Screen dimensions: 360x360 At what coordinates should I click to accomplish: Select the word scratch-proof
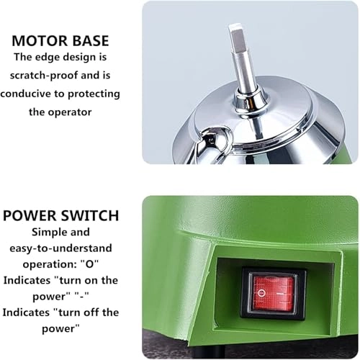pos(58,74)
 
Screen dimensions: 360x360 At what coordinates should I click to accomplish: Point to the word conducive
pos(32,94)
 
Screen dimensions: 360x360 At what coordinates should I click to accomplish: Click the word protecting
pos(92,94)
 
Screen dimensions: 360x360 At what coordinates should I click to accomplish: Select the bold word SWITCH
pos(89,215)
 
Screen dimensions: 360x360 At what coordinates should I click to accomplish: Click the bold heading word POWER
pos(31,215)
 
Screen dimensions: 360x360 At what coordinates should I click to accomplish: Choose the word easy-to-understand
pos(60,250)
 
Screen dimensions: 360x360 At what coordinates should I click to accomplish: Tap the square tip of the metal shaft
pos(238,36)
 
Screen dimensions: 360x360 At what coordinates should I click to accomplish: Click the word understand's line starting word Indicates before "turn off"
pos(30,312)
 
